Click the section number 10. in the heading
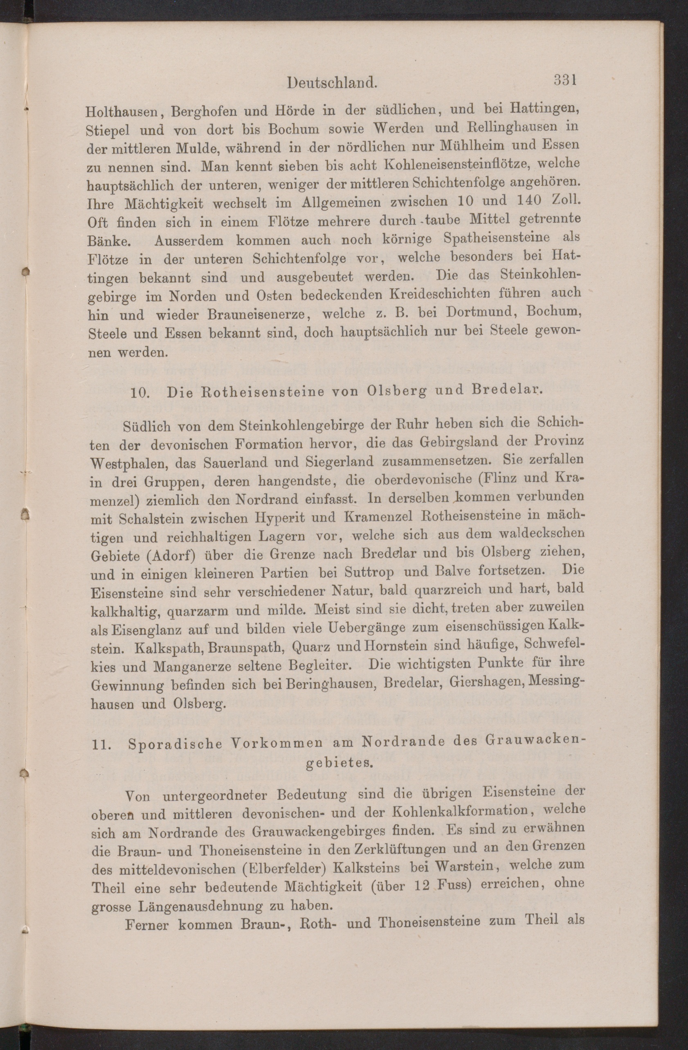click(x=140, y=392)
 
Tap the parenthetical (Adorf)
click(x=164, y=555)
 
